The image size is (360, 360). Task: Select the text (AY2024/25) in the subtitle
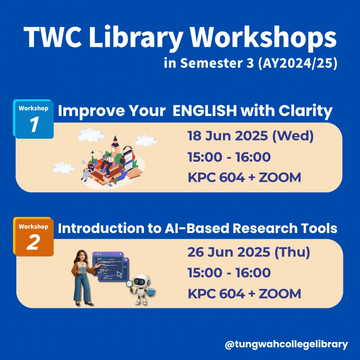[298, 63]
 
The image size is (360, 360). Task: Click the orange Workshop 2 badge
[33, 237]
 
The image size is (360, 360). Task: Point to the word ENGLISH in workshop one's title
[204, 111]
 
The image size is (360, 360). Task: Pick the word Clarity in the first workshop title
[306, 111]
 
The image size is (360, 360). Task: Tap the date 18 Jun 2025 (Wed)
[251, 136]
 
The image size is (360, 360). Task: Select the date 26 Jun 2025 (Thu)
[249, 252]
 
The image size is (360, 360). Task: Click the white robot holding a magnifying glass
[141, 289]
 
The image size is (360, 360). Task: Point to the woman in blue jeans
[83, 278]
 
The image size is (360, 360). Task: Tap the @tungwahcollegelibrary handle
[286, 345]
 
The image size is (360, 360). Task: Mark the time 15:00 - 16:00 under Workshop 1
[229, 157]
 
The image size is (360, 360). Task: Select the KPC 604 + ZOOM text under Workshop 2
[244, 294]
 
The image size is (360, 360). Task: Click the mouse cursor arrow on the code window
[120, 274]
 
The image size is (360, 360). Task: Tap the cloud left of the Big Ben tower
[91, 135]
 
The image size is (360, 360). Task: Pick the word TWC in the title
[53, 37]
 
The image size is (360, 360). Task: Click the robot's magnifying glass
[130, 284]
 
